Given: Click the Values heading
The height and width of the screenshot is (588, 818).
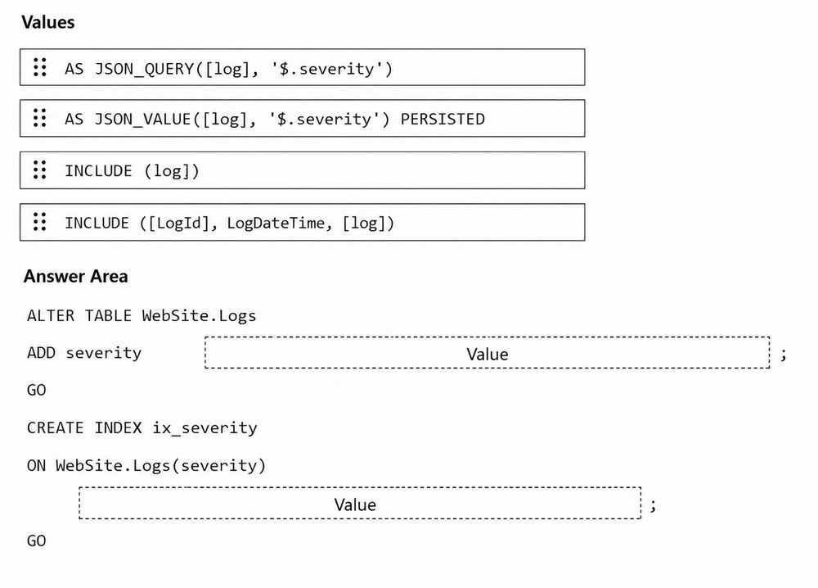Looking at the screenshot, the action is click(x=48, y=22).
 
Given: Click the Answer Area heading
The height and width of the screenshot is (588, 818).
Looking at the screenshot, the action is click(x=75, y=276).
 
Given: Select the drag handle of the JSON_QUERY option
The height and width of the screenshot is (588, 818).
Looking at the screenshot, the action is click(x=39, y=67).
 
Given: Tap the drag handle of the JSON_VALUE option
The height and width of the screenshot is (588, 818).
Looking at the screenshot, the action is click(x=39, y=118).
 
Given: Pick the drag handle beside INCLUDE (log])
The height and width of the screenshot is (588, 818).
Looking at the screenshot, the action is click(x=39, y=170).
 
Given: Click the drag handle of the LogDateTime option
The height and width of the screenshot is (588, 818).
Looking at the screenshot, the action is click(x=39, y=222).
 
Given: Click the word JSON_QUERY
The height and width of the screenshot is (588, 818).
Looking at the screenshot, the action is click(x=144, y=69).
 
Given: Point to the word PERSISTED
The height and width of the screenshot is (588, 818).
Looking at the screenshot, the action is click(x=443, y=119).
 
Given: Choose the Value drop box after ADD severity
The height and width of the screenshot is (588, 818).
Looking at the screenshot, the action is click(x=488, y=353).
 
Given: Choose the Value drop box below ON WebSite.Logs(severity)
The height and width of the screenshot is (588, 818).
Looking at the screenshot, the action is click(x=360, y=504).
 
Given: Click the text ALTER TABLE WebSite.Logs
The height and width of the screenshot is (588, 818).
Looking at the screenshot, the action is click(x=142, y=316).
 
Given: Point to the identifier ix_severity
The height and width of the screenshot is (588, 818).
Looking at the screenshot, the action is click(x=204, y=428).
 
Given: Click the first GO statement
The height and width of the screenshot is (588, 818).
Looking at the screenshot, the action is click(x=37, y=390).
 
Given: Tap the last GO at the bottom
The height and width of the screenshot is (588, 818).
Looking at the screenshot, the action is click(x=37, y=541).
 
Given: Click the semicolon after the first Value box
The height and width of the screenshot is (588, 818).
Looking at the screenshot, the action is click(x=784, y=355).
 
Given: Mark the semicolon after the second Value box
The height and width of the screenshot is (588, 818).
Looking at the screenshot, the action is click(x=653, y=505).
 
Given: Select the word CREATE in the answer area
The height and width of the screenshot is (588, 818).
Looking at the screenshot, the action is click(x=56, y=428).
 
